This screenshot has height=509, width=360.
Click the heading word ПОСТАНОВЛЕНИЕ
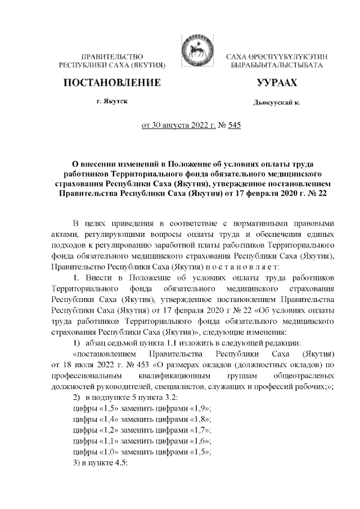(x=110, y=83)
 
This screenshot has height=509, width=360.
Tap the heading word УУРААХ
(x=276, y=83)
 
